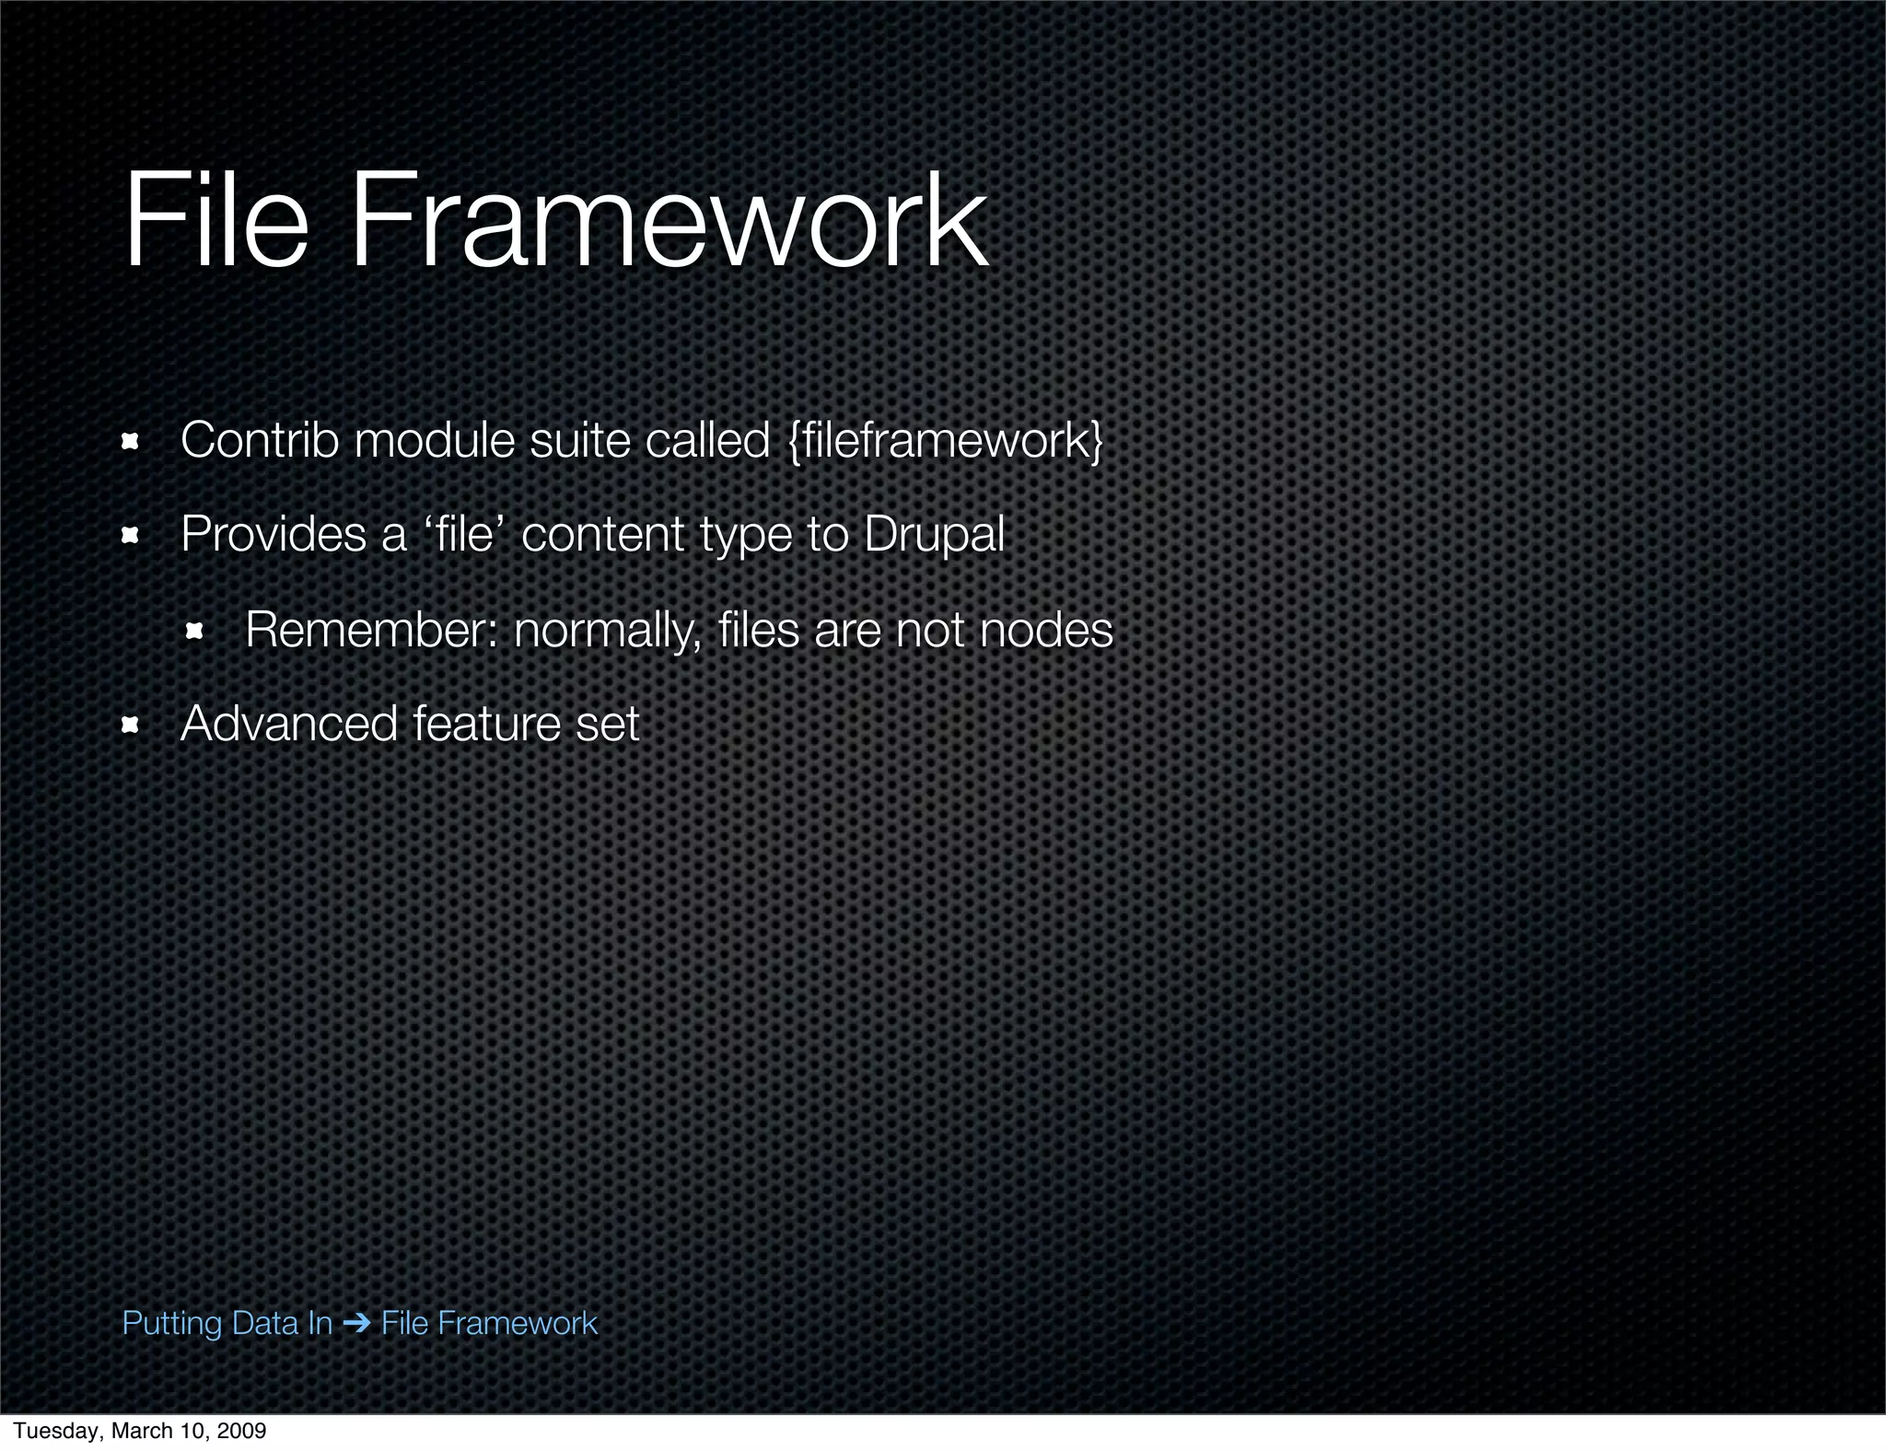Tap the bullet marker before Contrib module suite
[x=130, y=442]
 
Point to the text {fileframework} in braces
[x=946, y=440]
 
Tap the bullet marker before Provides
[x=130, y=536]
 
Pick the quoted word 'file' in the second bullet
[x=463, y=534]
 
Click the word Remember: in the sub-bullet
[x=371, y=630]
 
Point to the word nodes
[x=1046, y=630]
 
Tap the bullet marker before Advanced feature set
[x=130, y=725]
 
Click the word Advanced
[x=288, y=724]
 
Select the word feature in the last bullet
[x=486, y=724]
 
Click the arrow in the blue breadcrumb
[x=355, y=1324]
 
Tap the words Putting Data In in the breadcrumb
[x=227, y=1324]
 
